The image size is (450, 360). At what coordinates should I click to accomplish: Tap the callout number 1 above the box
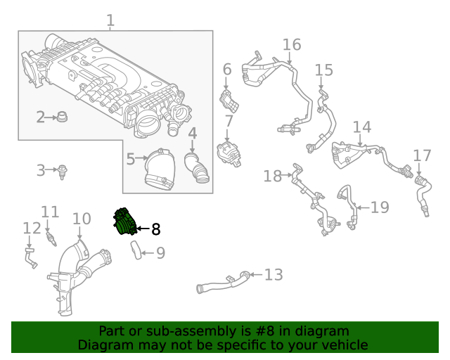pos(110,21)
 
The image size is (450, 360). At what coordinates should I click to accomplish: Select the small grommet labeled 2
pos(62,116)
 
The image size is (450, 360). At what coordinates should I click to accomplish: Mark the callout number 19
pos(379,207)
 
